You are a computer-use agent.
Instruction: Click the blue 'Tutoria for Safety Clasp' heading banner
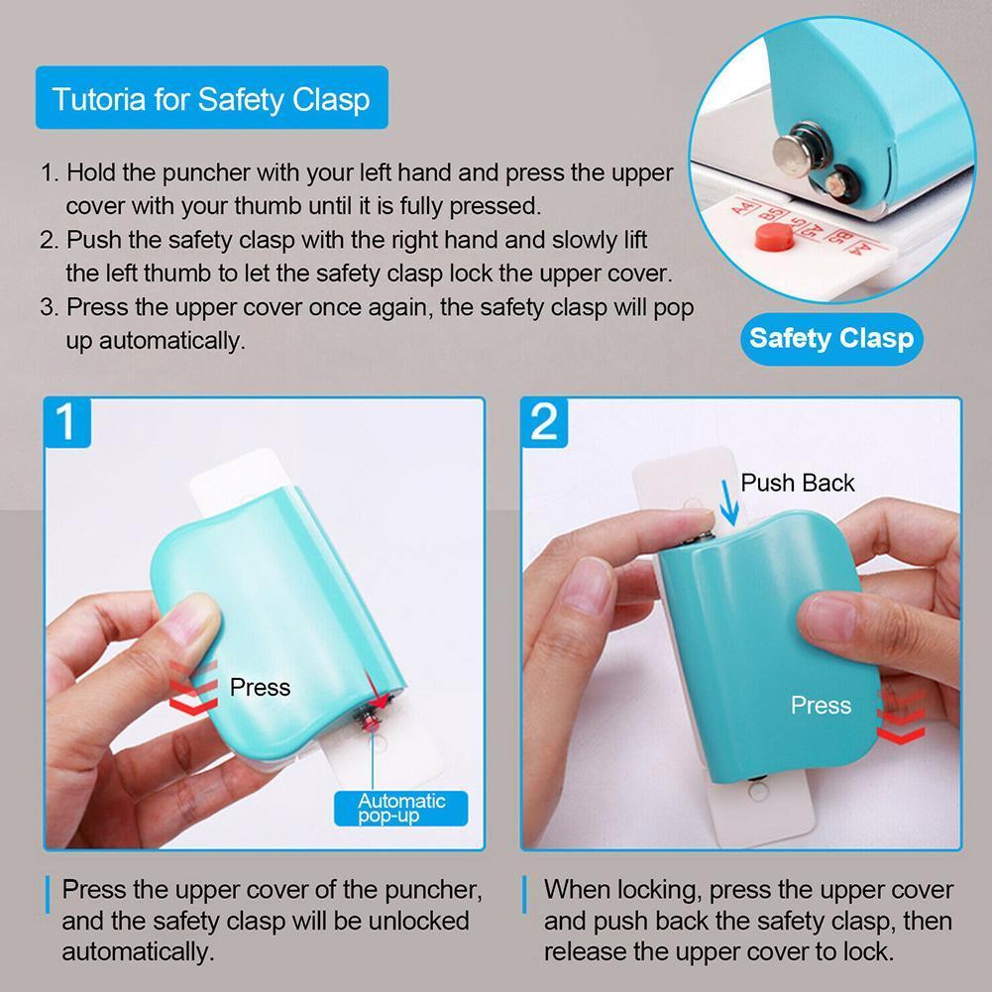[x=211, y=98]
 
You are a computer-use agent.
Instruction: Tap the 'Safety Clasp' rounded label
[x=830, y=338]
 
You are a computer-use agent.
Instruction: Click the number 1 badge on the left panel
[x=68, y=422]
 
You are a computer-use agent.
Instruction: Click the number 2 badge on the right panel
[x=545, y=422]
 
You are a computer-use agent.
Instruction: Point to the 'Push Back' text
[x=798, y=483]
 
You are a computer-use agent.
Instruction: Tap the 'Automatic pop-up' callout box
[x=401, y=807]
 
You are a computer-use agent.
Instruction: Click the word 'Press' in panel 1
[x=260, y=687]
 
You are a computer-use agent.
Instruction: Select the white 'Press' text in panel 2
[x=821, y=706]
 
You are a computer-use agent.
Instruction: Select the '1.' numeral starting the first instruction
[x=51, y=172]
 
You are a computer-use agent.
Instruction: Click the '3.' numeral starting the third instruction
[x=51, y=306]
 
